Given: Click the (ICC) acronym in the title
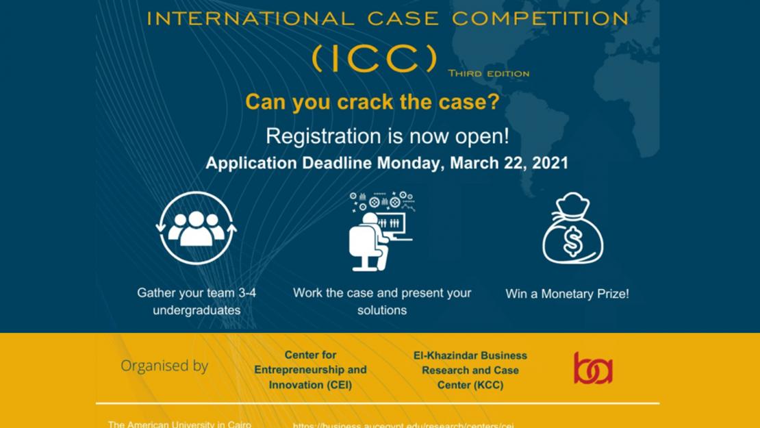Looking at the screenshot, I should click(x=374, y=59).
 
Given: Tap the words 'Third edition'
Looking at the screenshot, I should click(x=488, y=73).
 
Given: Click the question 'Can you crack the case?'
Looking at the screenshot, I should click(x=372, y=102).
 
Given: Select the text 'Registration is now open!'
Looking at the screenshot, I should click(x=387, y=136).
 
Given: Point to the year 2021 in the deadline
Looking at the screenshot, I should click(x=551, y=164).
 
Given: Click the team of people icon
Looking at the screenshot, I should click(x=197, y=227).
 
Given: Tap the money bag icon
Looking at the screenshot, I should click(x=572, y=229).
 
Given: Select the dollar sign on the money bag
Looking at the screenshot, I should click(x=573, y=240).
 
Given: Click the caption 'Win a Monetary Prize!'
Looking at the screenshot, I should click(x=567, y=294).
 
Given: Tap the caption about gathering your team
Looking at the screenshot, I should click(x=197, y=301).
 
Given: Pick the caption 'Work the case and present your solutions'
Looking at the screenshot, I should click(x=382, y=301).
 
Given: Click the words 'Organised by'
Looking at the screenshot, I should click(x=164, y=366).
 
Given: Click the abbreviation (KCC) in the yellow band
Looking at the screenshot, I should click(x=487, y=385).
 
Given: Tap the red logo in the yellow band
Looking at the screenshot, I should click(x=593, y=368).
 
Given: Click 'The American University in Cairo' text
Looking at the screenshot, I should click(x=179, y=424).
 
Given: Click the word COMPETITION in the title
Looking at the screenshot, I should click(x=539, y=18).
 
